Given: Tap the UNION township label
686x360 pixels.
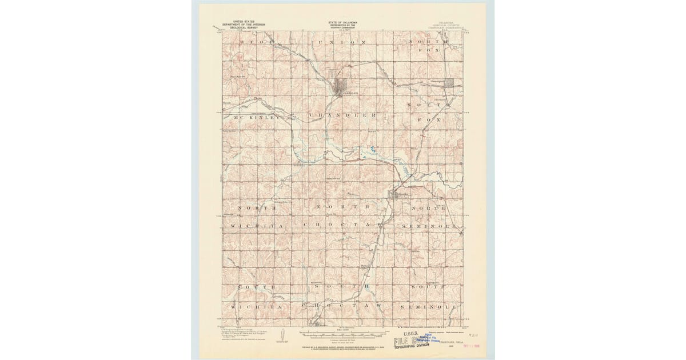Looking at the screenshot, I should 342,43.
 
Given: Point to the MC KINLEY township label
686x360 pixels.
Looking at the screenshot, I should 254,117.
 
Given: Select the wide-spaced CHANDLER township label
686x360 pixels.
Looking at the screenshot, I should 342,115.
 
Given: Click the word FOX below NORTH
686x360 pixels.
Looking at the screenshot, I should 432,50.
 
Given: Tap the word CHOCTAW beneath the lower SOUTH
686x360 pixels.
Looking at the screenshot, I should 342,307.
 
